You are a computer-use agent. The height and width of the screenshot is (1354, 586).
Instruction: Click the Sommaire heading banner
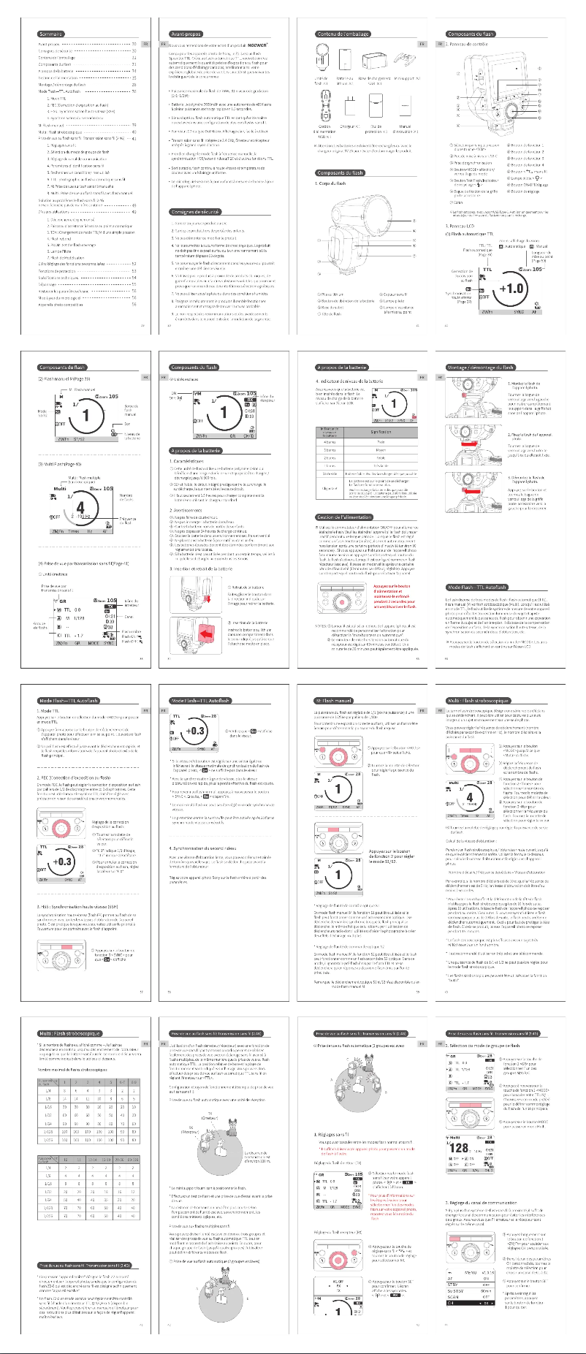[51, 34]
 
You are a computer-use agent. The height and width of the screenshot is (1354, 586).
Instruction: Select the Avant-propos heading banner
[186, 34]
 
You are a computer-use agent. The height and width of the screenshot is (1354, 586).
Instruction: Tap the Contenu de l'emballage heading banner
[341, 34]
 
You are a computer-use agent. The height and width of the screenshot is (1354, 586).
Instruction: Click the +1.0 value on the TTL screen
[511, 288]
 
